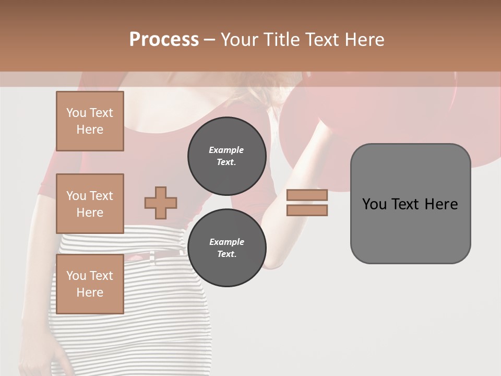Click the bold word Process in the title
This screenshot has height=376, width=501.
click(x=164, y=40)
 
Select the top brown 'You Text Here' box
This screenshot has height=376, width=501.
click(x=90, y=121)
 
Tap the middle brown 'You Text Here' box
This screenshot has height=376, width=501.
click(x=90, y=204)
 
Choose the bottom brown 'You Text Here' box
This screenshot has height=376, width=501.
click(x=90, y=284)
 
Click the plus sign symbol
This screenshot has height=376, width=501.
click(x=161, y=203)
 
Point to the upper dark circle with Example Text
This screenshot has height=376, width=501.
click(x=226, y=156)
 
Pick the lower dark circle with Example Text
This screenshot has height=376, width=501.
click(x=226, y=248)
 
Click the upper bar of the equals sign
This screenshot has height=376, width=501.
click(x=307, y=195)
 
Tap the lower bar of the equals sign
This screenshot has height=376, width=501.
click(x=307, y=210)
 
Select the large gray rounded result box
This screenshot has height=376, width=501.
click(x=410, y=204)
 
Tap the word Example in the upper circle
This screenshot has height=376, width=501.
click(x=226, y=150)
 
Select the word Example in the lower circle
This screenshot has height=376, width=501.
click(x=226, y=242)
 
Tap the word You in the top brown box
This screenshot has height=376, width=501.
click(x=76, y=113)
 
